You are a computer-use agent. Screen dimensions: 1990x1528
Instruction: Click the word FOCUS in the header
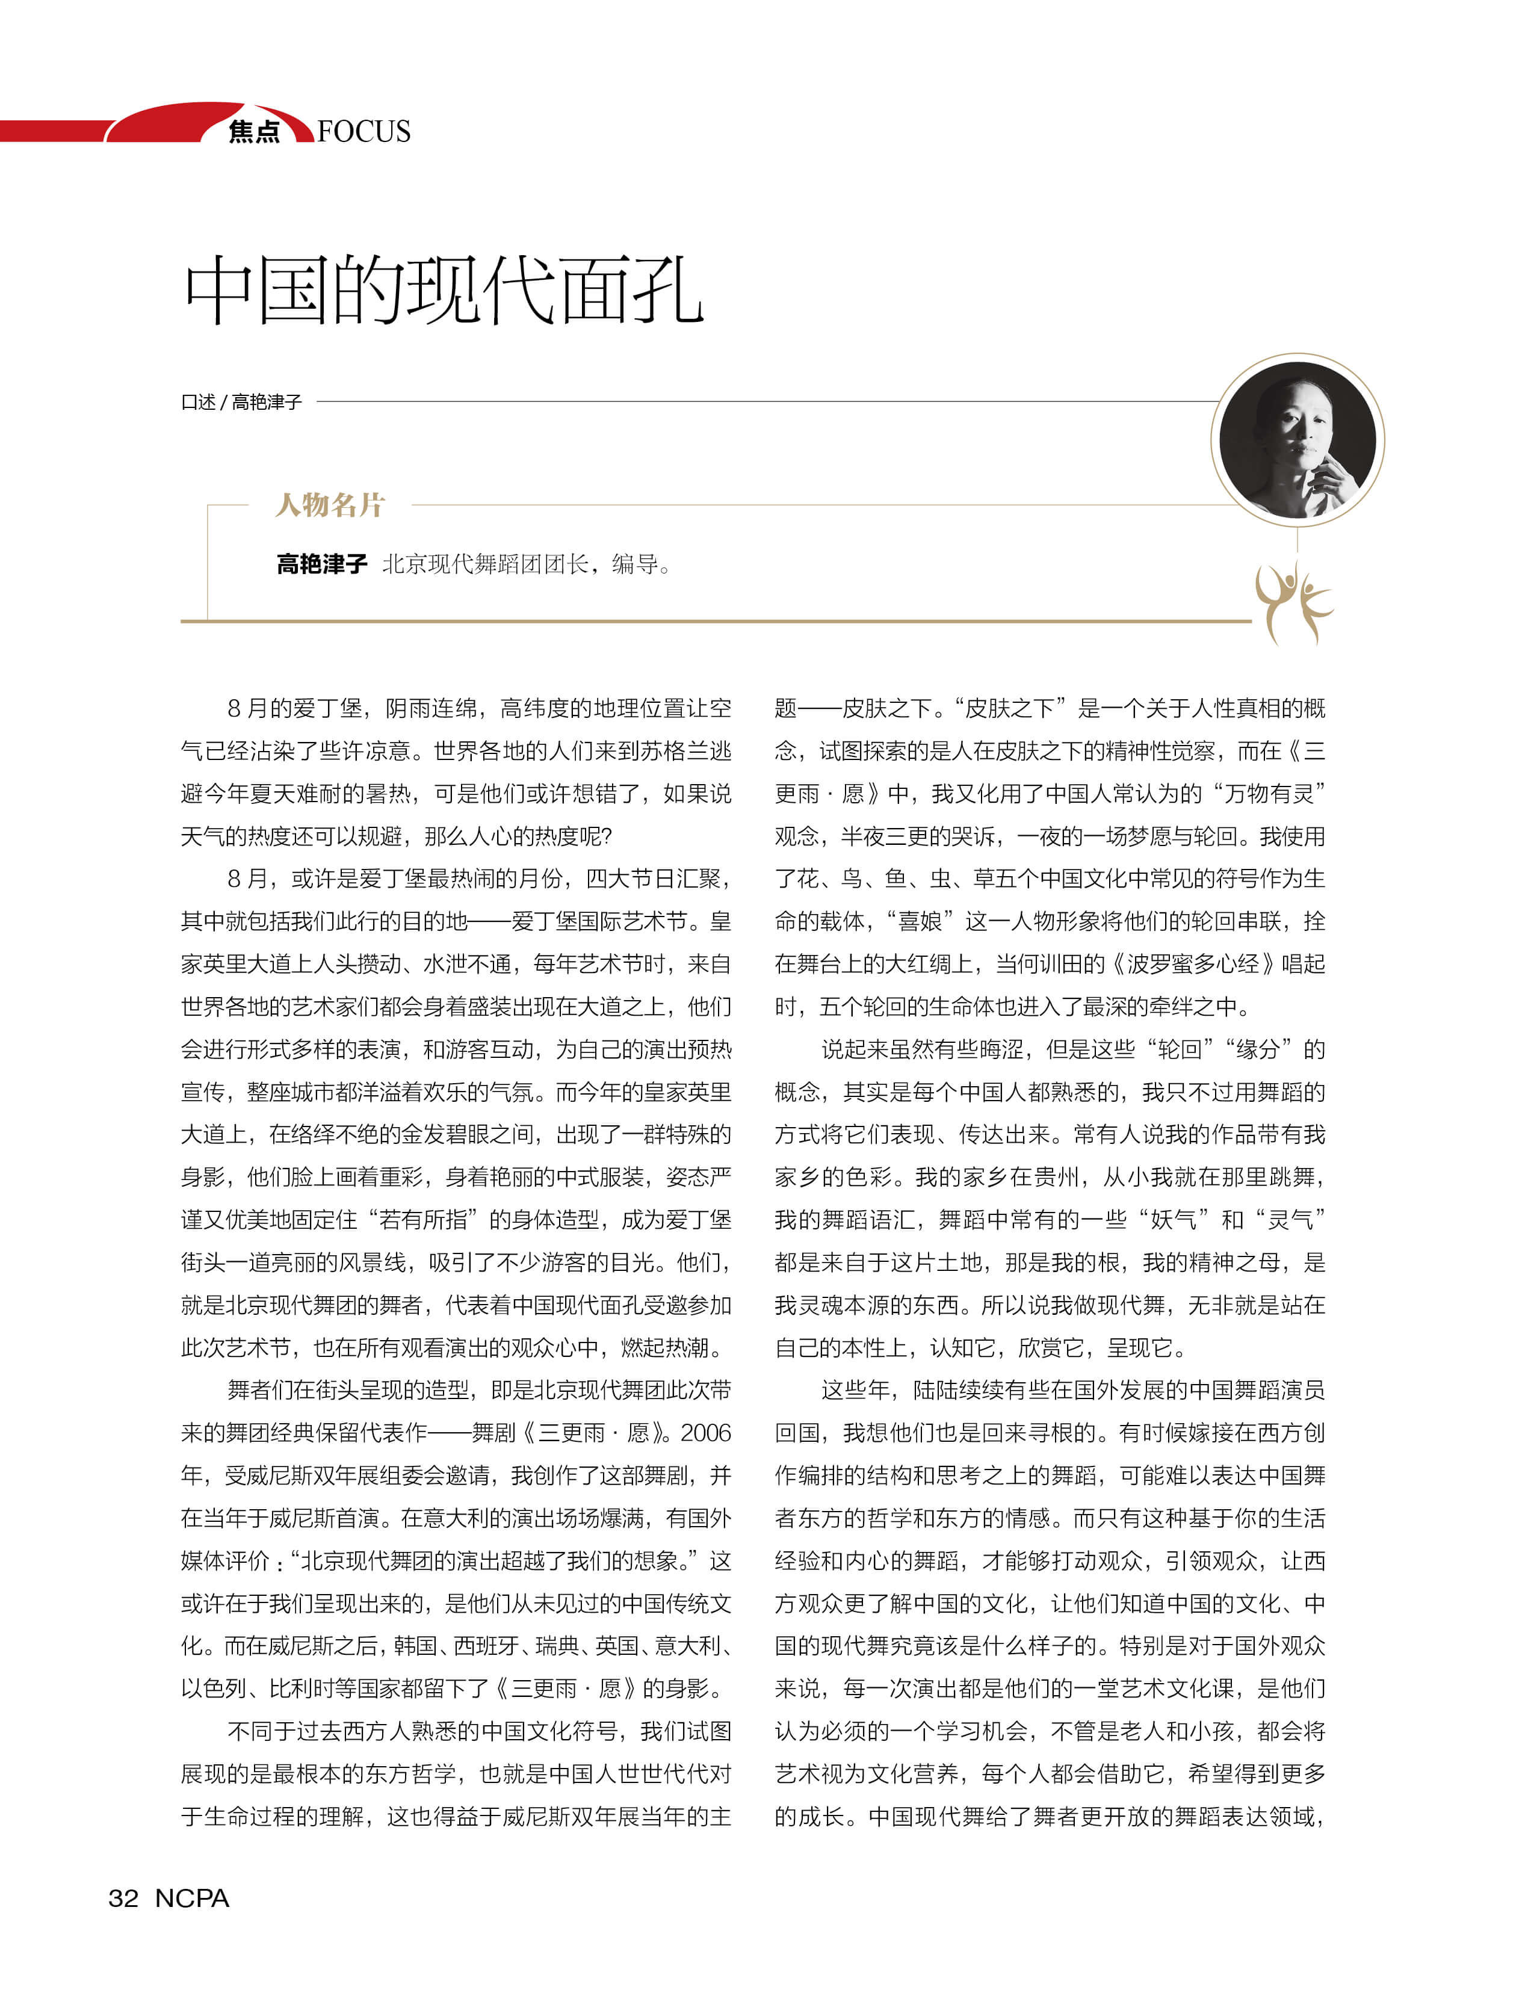point(364,132)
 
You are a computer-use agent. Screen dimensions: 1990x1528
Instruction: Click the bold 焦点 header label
point(254,132)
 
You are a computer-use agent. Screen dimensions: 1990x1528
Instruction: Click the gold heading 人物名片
point(330,505)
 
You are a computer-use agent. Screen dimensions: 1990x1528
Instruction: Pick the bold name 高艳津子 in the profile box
point(322,565)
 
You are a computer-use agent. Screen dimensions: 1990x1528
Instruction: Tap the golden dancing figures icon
point(1293,602)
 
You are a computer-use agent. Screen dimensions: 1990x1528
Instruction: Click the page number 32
point(124,1898)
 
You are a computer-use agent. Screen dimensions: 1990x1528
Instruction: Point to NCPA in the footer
point(192,1898)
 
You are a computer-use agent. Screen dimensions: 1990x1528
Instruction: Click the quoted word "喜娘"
point(920,921)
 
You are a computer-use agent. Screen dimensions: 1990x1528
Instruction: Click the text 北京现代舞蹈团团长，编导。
point(526,565)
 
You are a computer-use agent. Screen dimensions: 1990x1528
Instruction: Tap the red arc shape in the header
point(182,121)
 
